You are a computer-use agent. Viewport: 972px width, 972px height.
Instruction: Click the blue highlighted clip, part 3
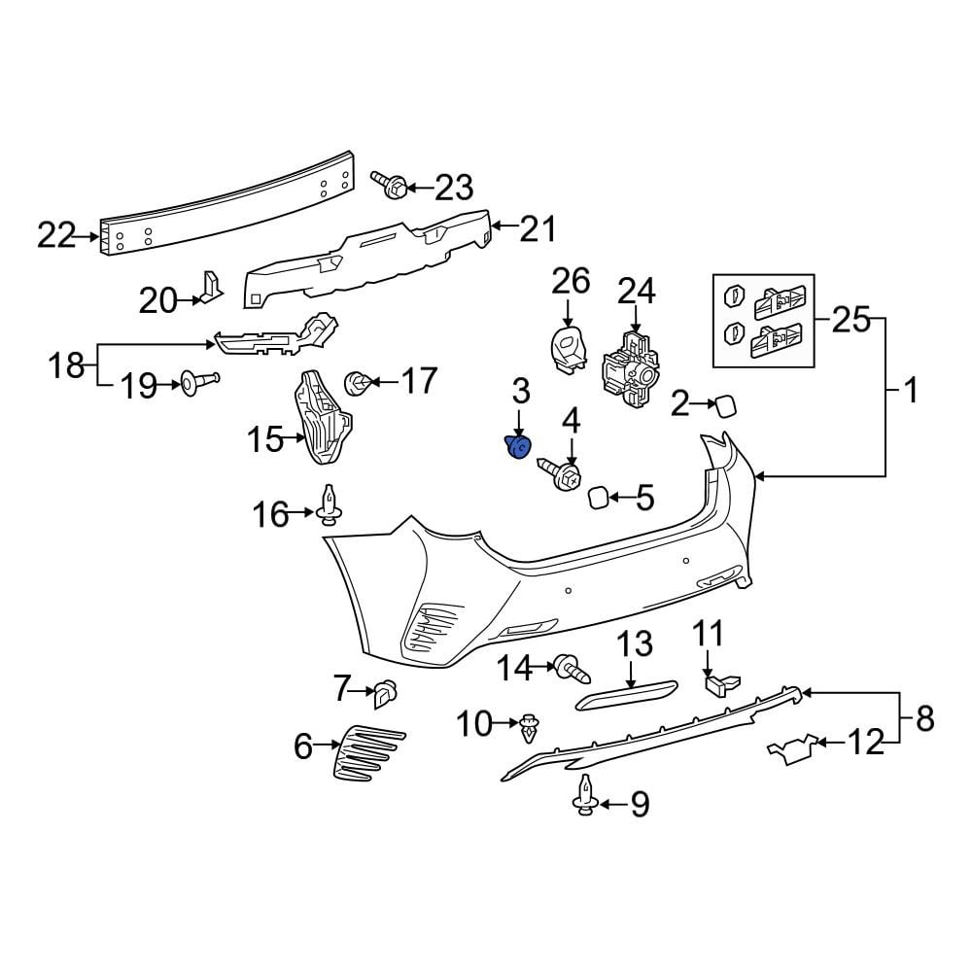(x=518, y=446)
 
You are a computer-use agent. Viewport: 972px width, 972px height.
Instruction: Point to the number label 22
(x=56, y=234)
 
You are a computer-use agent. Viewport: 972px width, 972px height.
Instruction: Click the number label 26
(x=571, y=282)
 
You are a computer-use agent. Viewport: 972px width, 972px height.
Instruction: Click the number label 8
(x=923, y=719)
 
